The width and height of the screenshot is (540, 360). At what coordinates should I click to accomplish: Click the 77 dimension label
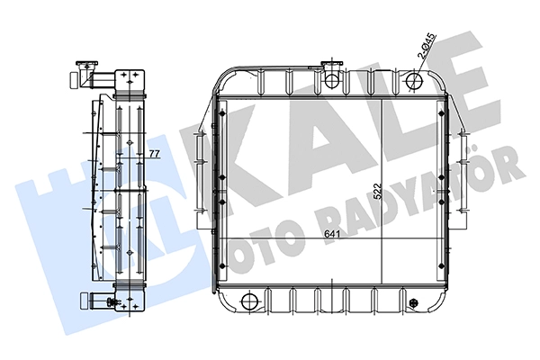155,153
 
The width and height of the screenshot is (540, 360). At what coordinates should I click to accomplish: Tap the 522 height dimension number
378,191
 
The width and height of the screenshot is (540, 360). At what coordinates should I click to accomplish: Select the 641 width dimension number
332,234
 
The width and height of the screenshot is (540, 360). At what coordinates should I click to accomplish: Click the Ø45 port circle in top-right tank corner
414,81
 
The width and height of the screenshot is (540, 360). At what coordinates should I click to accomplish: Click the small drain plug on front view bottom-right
413,302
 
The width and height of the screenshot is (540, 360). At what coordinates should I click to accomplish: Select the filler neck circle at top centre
332,80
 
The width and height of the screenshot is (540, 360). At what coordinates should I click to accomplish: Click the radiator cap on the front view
332,64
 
